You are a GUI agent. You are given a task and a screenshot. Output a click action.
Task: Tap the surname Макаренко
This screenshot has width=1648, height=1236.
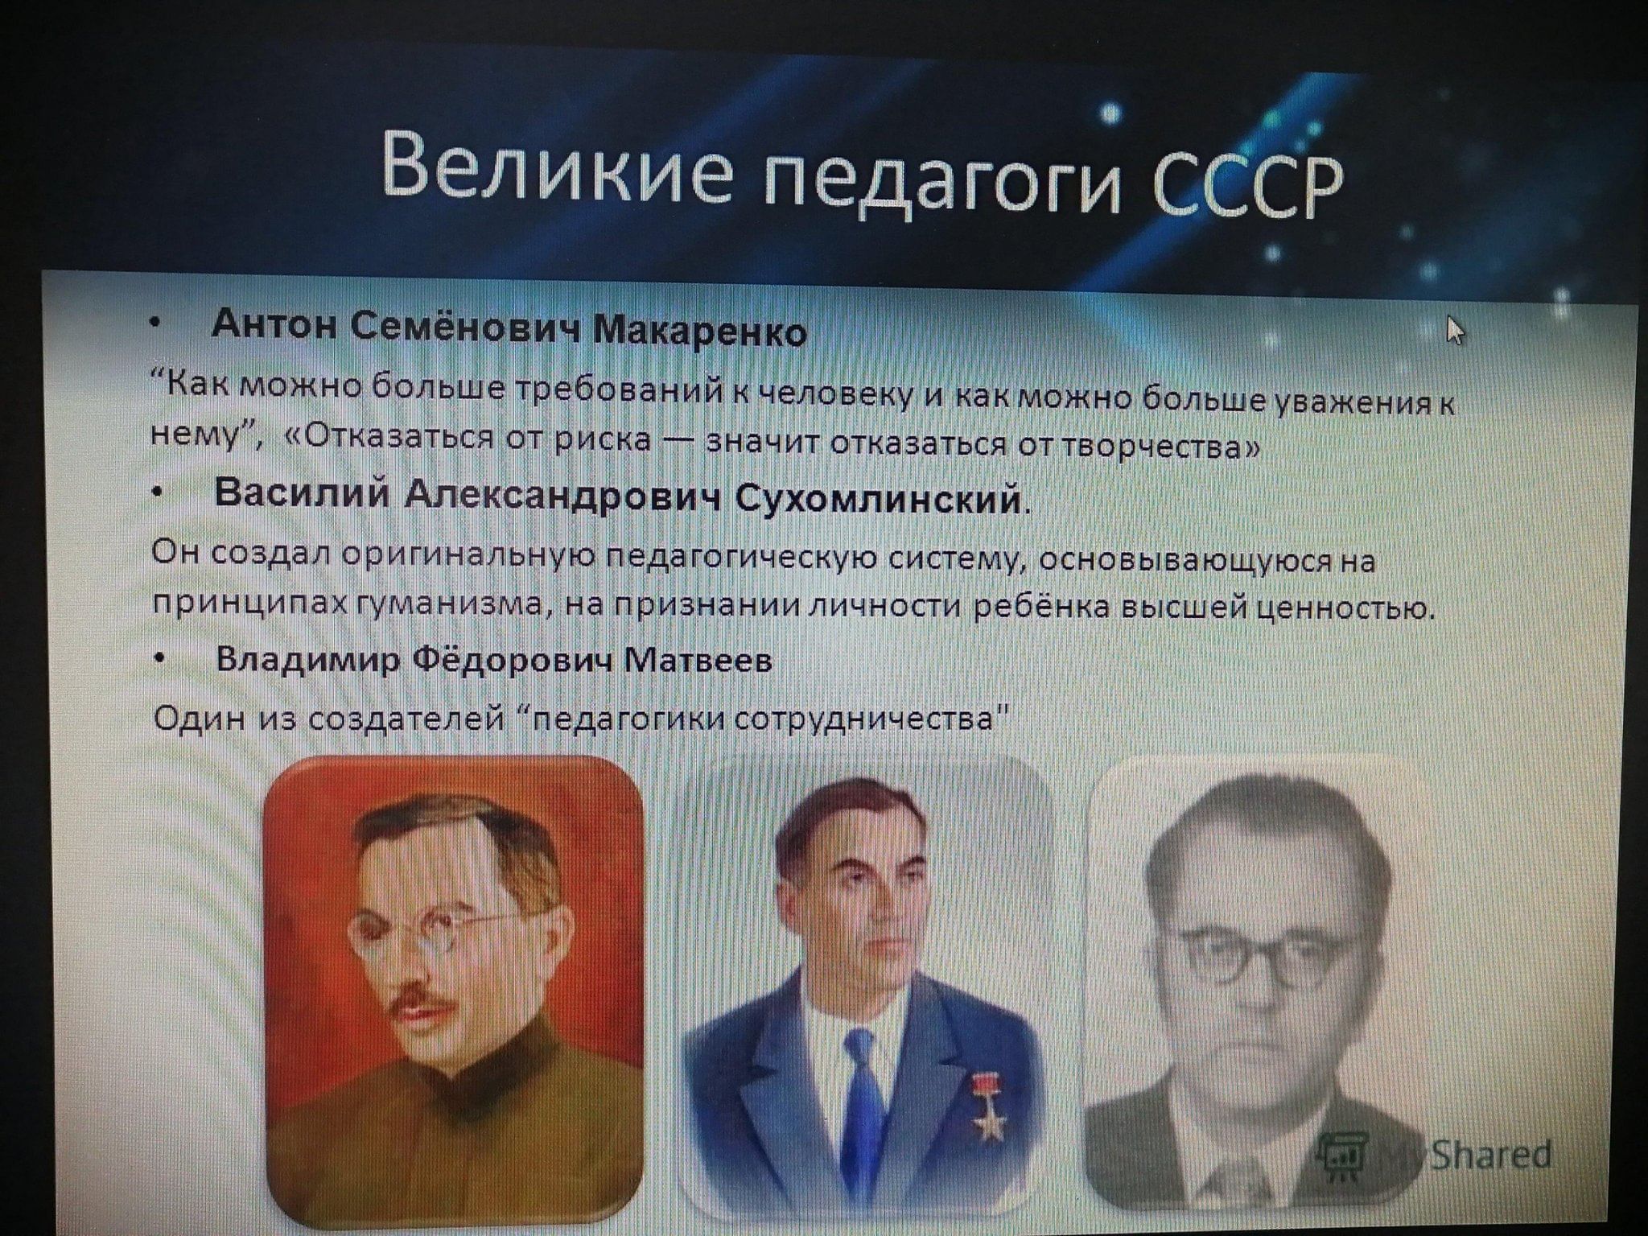click(699, 332)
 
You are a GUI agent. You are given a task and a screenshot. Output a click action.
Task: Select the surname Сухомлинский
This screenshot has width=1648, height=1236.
click(880, 500)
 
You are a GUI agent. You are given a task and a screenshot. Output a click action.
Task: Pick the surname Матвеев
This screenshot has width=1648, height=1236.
click(698, 661)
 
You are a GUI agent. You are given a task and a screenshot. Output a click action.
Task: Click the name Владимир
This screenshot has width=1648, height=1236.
click(307, 659)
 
